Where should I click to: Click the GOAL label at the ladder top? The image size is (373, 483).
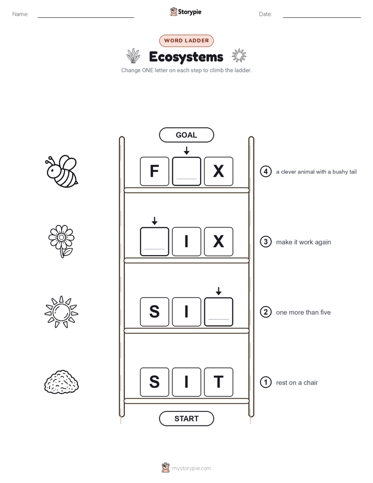click(x=186, y=135)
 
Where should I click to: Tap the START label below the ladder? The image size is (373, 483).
click(x=186, y=419)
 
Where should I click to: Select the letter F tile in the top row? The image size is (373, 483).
click(x=155, y=171)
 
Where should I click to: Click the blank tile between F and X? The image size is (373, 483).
click(x=186, y=171)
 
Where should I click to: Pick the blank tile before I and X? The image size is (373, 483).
click(x=155, y=241)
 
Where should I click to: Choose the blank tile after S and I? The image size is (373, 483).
click(x=218, y=312)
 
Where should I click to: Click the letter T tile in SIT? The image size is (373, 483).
click(x=218, y=382)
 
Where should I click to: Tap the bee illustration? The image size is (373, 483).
click(x=62, y=171)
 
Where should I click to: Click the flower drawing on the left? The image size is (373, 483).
click(x=61, y=241)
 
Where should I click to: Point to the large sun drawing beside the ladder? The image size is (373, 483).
click(x=61, y=312)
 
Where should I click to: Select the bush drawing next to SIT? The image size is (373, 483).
click(x=61, y=382)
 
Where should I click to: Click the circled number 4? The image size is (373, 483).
click(x=265, y=171)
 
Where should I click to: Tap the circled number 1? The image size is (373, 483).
click(x=265, y=382)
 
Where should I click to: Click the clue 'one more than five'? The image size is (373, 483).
click(x=303, y=313)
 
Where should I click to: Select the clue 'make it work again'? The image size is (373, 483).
click(x=304, y=242)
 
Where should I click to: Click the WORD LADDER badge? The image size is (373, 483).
click(x=186, y=41)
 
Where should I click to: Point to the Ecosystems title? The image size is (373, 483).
click(x=186, y=57)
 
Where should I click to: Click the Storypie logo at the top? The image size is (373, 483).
click(x=186, y=11)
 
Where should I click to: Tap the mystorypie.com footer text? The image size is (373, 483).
click(x=191, y=468)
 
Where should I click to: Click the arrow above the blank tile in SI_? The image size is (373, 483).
click(x=218, y=291)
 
